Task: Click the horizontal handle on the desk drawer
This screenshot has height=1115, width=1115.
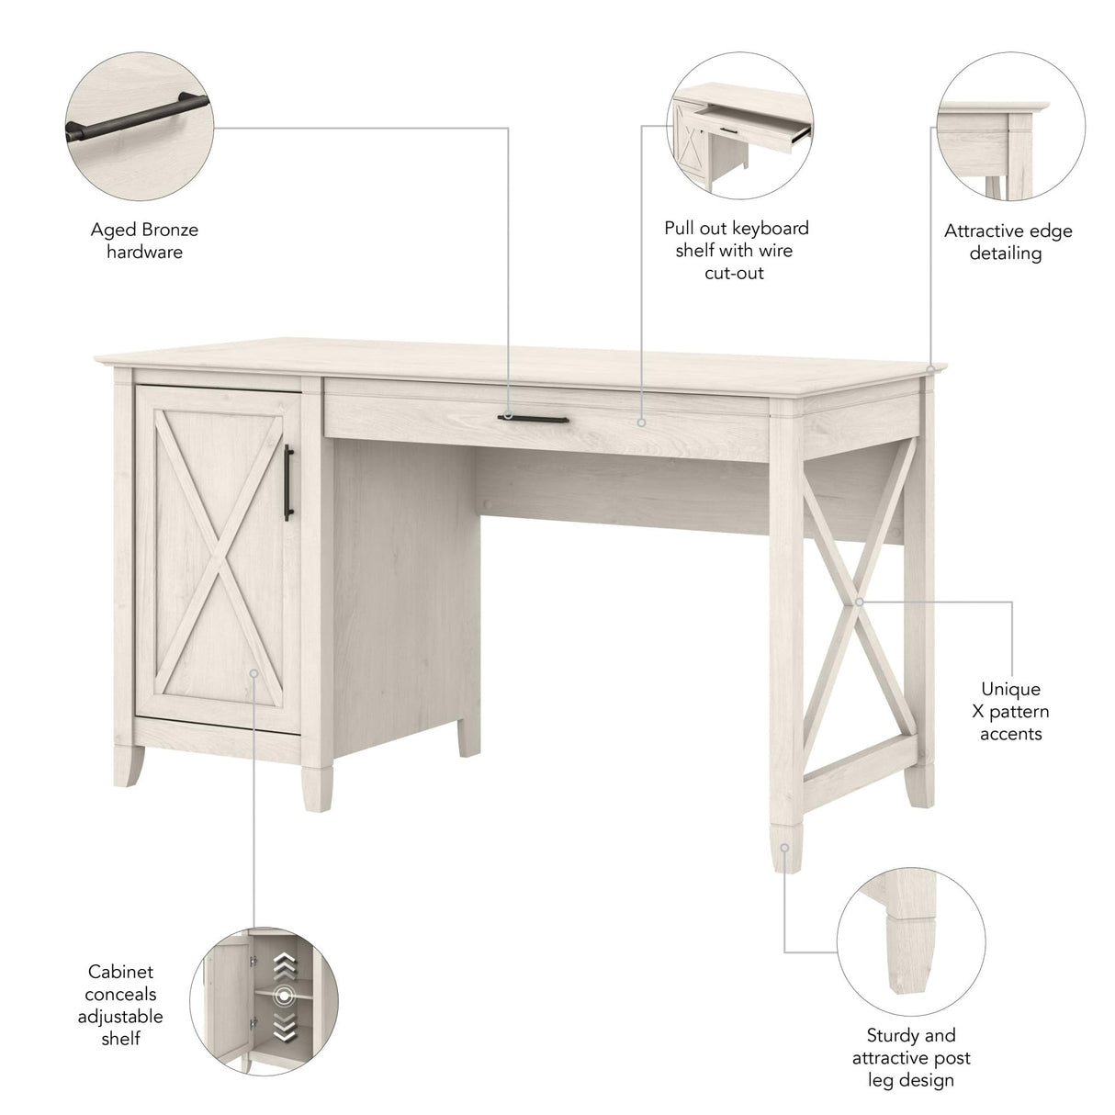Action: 534,418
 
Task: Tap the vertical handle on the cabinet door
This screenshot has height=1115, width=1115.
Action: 287,483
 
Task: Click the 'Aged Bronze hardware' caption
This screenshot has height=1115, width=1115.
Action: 144,241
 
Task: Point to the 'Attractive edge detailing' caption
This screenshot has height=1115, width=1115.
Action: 1008,242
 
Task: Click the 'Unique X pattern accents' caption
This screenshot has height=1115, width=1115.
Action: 1010,711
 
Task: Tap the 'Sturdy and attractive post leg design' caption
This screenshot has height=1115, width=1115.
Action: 910,1057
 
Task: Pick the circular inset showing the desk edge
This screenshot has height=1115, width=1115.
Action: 1010,126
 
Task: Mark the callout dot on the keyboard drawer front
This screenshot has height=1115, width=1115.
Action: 641,423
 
